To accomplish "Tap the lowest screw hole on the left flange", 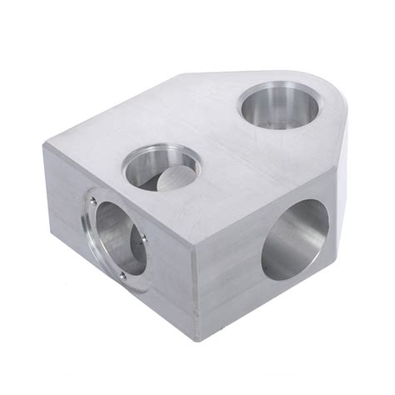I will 122,276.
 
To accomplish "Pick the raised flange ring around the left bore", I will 89,233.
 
